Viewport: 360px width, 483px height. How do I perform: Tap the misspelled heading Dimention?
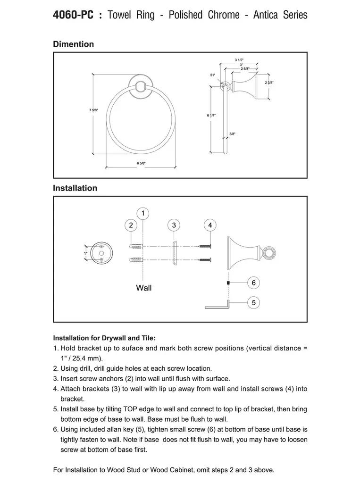click(73, 44)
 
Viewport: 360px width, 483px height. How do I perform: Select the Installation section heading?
click(75, 188)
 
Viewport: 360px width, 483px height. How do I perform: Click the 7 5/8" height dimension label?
click(93, 110)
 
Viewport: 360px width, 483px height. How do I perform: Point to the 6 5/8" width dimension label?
click(141, 163)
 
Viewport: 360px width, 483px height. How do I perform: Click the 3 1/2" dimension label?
click(239, 60)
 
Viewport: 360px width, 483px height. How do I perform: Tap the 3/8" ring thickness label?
click(232, 134)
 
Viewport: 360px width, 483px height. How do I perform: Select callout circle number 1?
click(143, 213)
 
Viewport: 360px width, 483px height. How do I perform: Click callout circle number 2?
click(131, 225)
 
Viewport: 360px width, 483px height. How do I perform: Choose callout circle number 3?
click(174, 225)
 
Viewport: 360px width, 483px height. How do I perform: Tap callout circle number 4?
click(210, 225)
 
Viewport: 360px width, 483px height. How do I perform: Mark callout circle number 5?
click(253, 302)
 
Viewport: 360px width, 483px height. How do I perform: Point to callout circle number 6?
click(253, 283)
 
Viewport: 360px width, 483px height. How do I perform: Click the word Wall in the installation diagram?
click(144, 287)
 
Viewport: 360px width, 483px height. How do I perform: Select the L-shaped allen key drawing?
click(218, 306)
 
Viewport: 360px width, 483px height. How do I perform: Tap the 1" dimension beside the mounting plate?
click(86, 253)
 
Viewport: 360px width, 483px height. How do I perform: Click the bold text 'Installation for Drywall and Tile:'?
click(104, 338)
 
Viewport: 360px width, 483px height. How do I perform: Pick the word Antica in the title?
click(267, 15)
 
